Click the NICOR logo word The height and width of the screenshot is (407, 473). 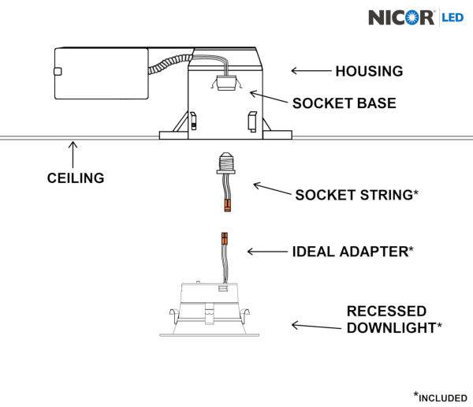401,17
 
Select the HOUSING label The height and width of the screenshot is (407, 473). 369,71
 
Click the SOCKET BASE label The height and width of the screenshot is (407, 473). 344,103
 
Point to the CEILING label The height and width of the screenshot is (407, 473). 75,178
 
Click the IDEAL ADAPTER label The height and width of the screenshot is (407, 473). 352,252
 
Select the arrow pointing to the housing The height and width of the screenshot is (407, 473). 310,71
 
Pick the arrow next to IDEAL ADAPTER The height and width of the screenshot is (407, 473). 266,252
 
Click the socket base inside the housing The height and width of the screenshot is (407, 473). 226,81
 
